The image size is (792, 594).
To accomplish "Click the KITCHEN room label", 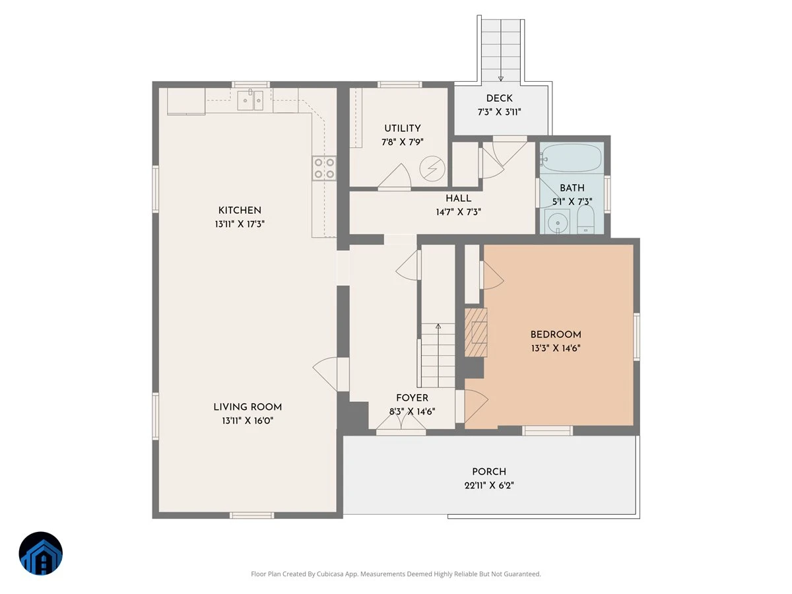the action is [x=240, y=211].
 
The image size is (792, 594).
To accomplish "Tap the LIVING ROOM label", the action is [x=247, y=407].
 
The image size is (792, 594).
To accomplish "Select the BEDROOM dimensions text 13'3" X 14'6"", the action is [x=555, y=348].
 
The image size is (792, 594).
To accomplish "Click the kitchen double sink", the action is [x=250, y=100].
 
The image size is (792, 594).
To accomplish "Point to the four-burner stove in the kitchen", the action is [x=324, y=168].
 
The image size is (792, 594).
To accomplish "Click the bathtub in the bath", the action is [x=572, y=158].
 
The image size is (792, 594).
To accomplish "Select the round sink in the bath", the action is [x=558, y=222].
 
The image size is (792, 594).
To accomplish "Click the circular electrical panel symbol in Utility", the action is [x=432, y=168].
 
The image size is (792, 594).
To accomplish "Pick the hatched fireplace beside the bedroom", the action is [x=476, y=332].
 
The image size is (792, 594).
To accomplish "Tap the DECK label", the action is [x=499, y=98].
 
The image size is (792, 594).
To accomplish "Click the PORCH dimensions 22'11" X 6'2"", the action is [x=489, y=485].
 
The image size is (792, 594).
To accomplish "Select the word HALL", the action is [x=458, y=198].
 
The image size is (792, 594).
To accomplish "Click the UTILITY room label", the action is [x=403, y=128].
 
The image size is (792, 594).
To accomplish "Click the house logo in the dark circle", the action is [x=41, y=553].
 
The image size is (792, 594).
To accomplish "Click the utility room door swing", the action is [x=395, y=176].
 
